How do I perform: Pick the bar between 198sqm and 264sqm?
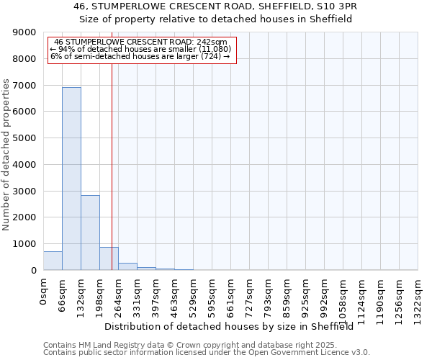[x=109, y=258]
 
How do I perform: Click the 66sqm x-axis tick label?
[x=63, y=295]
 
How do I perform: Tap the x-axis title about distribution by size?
[x=234, y=326]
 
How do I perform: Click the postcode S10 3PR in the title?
[x=337, y=6]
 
